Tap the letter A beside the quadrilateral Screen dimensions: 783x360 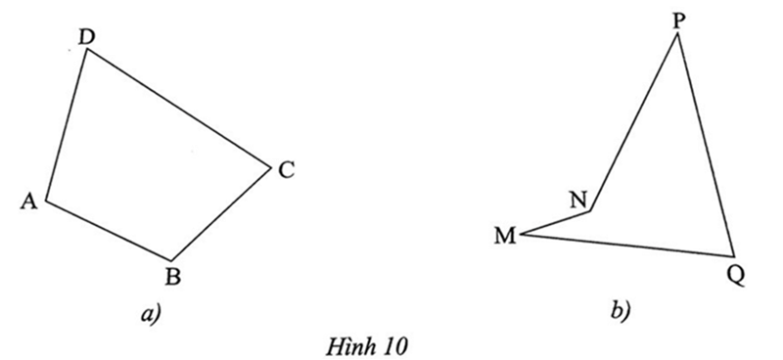click(27, 202)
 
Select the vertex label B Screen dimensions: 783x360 click(173, 277)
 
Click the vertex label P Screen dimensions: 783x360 click(679, 19)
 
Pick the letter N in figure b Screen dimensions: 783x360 click(578, 200)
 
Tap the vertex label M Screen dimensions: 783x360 click(505, 236)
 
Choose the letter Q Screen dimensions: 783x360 click(736, 275)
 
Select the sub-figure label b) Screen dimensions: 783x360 click(621, 312)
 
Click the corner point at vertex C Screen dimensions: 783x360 click(270, 166)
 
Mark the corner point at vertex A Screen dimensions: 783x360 click(46, 202)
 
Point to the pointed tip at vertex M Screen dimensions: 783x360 click(521, 234)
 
